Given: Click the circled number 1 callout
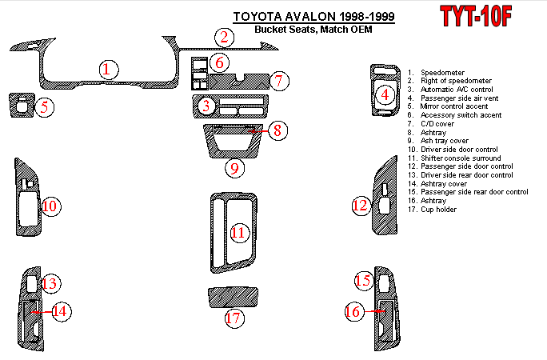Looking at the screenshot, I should pyautogui.click(x=106, y=70).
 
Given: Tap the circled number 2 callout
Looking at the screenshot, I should pyautogui.click(x=226, y=36).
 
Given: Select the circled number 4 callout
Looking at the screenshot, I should pyautogui.click(x=385, y=95).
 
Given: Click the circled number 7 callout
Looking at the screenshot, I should pyautogui.click(x=278, y=80).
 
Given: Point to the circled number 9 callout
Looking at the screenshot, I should pyautogui.click(x=233, y=168).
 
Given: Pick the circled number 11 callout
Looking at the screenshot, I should pyautogui.click(x=238, y=233).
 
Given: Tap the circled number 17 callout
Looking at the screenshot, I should pyautogui.click(x=233, y=318).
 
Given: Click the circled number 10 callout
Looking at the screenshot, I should pyautogui.click(x=50, y=207).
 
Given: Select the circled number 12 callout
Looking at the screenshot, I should pyautogui.click(x=360, y=206).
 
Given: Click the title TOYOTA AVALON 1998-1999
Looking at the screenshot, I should pyautogui.click(x=313, y=17).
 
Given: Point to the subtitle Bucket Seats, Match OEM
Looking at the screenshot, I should pyautogui.click(x=313, y=30).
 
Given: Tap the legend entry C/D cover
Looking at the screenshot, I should pyautogui.click(x=435, y=124).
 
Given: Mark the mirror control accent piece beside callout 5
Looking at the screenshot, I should pyautogui.click(x=19, y=105).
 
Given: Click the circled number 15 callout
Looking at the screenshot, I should pyautogui.click(x=364, y=280).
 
